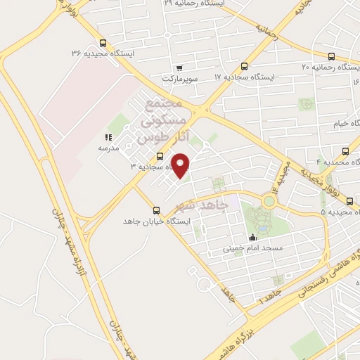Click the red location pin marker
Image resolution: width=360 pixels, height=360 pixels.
point(181,165)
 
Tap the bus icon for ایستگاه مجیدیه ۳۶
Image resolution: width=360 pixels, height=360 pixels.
point(104,42)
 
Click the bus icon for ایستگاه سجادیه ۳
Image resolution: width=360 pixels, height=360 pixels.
point(160,156)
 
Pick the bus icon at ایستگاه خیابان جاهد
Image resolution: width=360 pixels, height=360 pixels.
point(156,210)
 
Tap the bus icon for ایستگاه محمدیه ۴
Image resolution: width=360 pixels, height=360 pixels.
point(345,151)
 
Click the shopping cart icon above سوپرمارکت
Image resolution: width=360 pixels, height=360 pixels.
point(180,68)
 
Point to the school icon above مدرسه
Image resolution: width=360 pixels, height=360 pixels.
point(108,137)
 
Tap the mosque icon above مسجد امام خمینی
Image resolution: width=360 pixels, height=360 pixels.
point(253,238)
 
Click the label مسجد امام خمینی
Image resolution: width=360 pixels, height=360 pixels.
point(253,248)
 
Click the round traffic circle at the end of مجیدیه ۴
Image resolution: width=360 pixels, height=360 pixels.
point(268,201)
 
